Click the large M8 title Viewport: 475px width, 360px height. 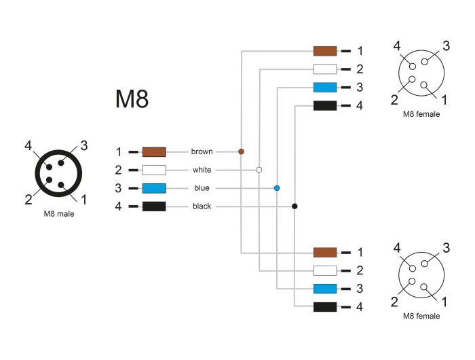tap(132, 98)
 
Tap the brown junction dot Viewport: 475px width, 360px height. tap(241, 151)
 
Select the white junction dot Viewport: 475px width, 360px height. tap(259, 170)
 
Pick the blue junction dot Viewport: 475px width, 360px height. tap(277, 188)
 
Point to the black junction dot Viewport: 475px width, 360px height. tap(294, 206)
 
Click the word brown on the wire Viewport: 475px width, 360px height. tap(202, 151)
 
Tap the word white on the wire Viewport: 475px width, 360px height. tap(202, 170)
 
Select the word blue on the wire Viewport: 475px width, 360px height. tap(202, 188)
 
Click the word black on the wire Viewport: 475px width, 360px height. tap(202, 206)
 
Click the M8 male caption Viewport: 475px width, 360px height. tap(59, 214)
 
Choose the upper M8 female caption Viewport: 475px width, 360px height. tap(421, 114)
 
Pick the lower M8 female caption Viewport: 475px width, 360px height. tap(421, 316)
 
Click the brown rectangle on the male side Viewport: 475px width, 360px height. tap(154, 152)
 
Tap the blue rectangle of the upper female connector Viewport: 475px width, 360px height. tap(325, 88)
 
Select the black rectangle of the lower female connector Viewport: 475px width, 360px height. tap(325, 307)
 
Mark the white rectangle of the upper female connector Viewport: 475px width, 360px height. tap(325, 69)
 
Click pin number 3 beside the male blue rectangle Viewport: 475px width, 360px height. tap(118, 188)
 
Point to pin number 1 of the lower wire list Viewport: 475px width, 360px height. tap(360, 252)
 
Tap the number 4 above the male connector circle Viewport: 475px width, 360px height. tap(28, 145)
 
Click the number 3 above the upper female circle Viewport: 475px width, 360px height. tap(446, 46)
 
